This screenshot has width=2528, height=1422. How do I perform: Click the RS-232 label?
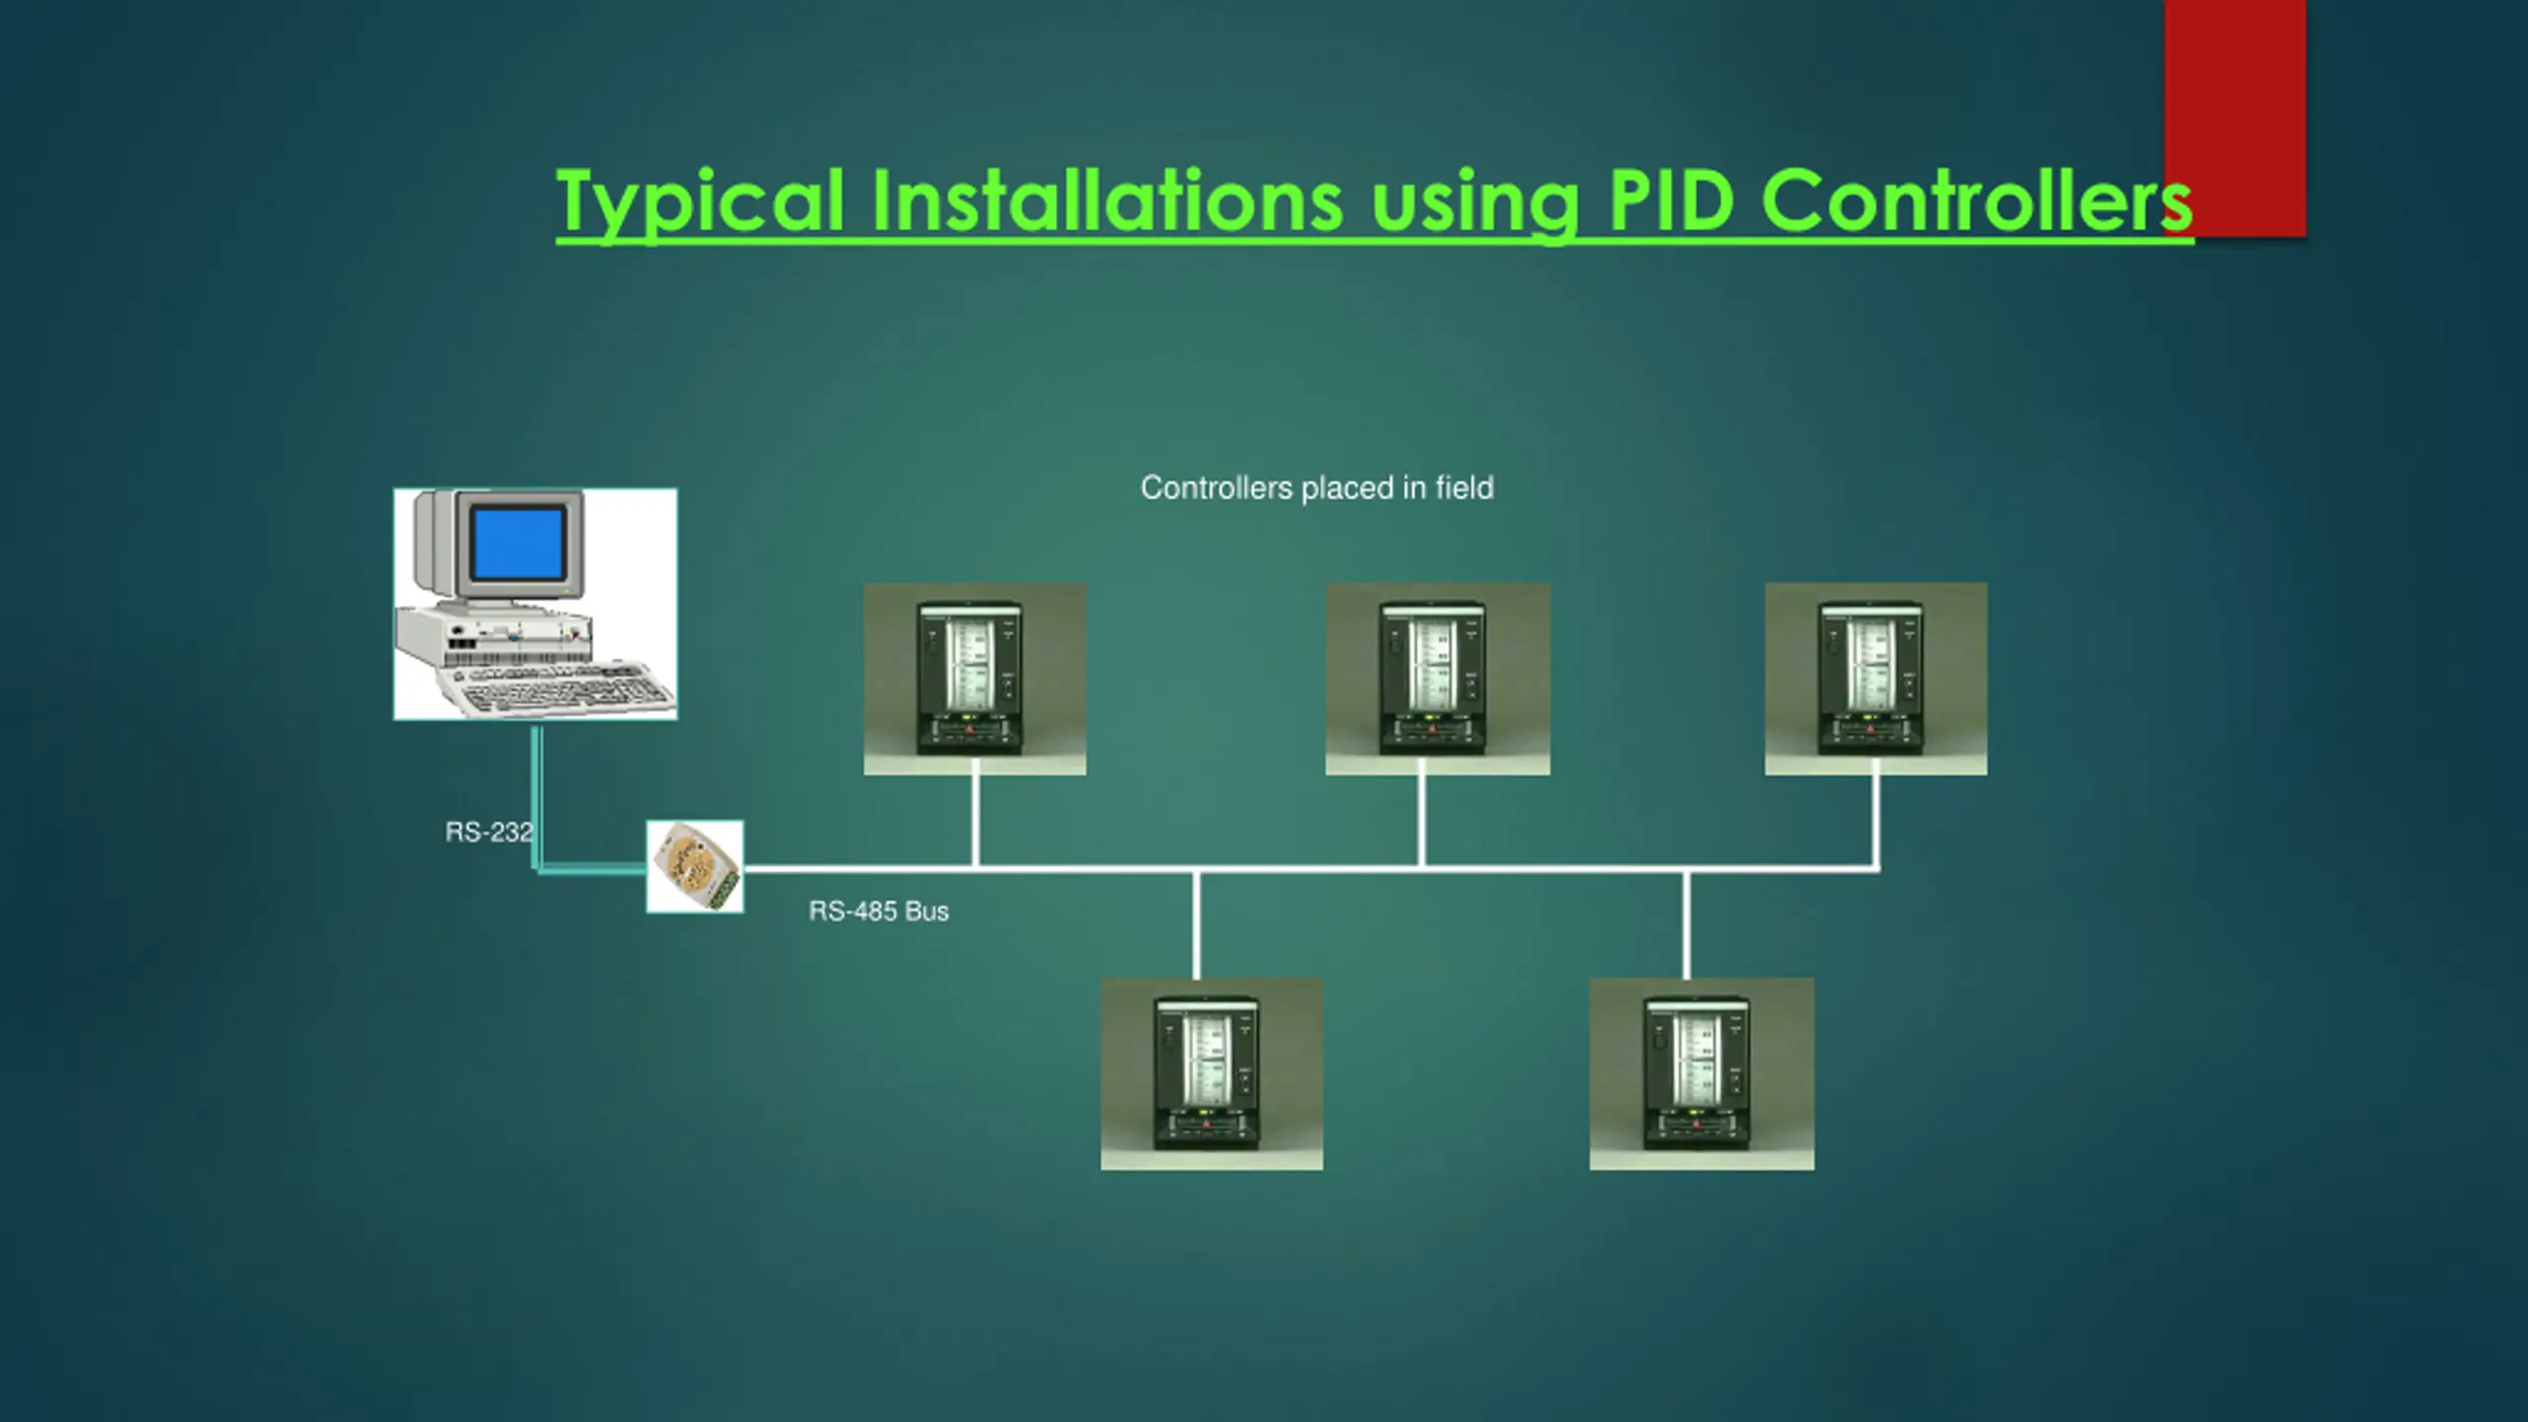click(488, 832)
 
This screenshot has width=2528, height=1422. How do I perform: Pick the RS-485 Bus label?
click(878, 911)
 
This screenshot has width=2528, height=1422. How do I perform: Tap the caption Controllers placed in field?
click(1316, 488)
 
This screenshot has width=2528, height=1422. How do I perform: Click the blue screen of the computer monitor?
click(518, 544)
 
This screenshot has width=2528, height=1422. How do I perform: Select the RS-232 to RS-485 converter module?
click(695, 866)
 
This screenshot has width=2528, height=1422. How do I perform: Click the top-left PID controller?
click(974, 678)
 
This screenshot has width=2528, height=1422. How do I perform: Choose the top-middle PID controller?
click(1437, 678)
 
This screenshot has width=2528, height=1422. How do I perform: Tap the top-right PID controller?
click(1875, 678)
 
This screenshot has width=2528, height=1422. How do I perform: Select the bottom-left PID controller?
click(1212, 1074)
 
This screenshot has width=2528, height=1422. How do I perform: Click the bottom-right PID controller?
click(1701, 1074)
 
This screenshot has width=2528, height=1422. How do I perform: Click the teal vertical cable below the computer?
click(536, 790)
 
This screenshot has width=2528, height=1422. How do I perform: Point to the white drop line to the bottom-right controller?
click(1686, 924)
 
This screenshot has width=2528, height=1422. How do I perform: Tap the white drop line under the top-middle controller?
click(1422, 820)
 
